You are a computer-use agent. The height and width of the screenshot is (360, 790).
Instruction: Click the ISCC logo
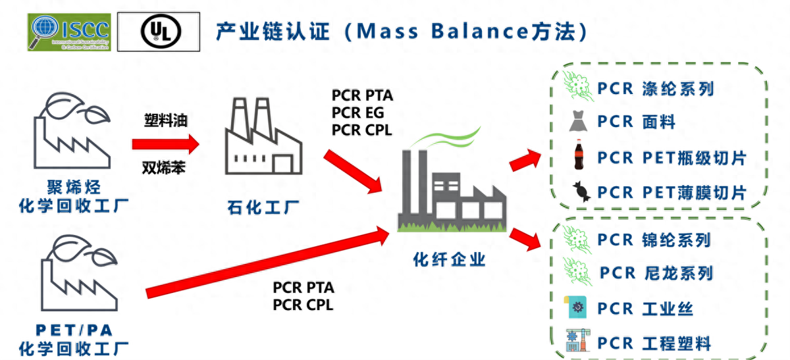(x=70, y=32)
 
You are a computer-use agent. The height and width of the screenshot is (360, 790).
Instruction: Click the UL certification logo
(x=159, y=32)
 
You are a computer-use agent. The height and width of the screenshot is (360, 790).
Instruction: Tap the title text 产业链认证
(x=273, y=31)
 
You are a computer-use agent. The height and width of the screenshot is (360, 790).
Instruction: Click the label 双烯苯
(x=164, y=168)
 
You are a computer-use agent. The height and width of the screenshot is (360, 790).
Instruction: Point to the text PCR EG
(x=357, y=113)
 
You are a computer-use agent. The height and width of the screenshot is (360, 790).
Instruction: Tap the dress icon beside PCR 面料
(x=578, y=122)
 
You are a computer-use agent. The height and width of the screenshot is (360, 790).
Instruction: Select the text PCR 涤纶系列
(x=655, y=88)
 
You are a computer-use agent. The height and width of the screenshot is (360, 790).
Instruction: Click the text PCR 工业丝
(x=645, y=308)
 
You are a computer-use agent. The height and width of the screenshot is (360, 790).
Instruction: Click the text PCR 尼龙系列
(x=656, y=272)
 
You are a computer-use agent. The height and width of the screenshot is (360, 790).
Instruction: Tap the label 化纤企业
(x=449, y=259)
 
